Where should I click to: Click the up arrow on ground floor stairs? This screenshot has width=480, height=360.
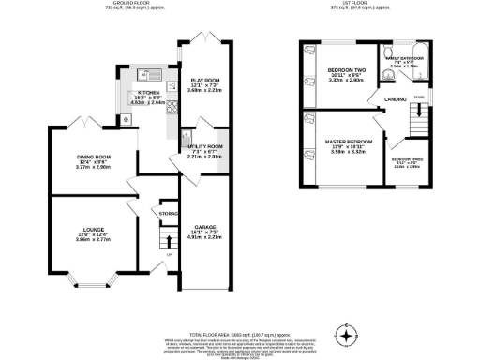169,243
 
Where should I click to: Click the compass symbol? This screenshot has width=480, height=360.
348,334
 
